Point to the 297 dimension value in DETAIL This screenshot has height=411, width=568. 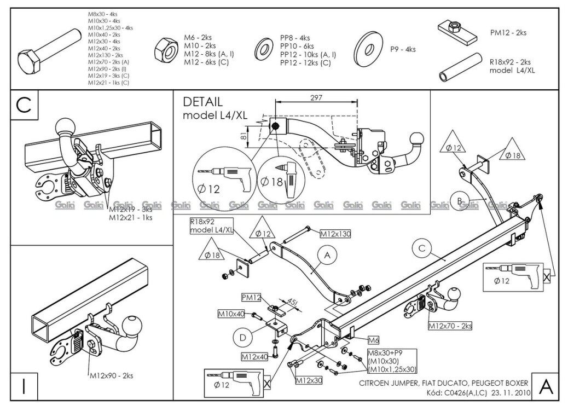point(316,97)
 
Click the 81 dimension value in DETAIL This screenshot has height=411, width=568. point(244,136)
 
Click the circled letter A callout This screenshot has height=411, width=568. point(327,254)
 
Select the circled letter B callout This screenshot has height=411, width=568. point(459,200)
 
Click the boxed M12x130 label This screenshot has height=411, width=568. point(335,234)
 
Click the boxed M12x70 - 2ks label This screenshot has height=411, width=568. point(450,326)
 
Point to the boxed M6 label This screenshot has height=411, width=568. point(373,339)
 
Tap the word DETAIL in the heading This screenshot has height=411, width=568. point(202,102)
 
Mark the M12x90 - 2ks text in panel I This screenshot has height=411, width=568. point(111,375)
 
